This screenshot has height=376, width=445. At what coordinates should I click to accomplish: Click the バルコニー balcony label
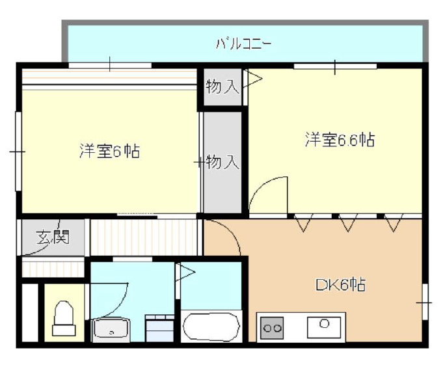tap(243, 45)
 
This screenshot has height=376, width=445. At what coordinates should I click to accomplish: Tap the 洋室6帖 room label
tap(109, 152)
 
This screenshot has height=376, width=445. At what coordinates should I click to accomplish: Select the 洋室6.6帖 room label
tap(340, 139)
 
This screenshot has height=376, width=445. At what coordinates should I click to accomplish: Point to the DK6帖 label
tap(340, 284)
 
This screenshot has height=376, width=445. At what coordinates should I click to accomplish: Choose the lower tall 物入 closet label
tap(222, 162)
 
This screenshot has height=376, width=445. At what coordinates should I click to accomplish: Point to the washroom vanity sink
tap(112, 330)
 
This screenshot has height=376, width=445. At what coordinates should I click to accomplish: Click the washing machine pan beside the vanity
tap(160, 327)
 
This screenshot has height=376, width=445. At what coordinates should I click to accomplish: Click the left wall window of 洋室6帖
tap(19, 152)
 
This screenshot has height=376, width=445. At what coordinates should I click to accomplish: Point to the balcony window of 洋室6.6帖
tap(334, 66)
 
